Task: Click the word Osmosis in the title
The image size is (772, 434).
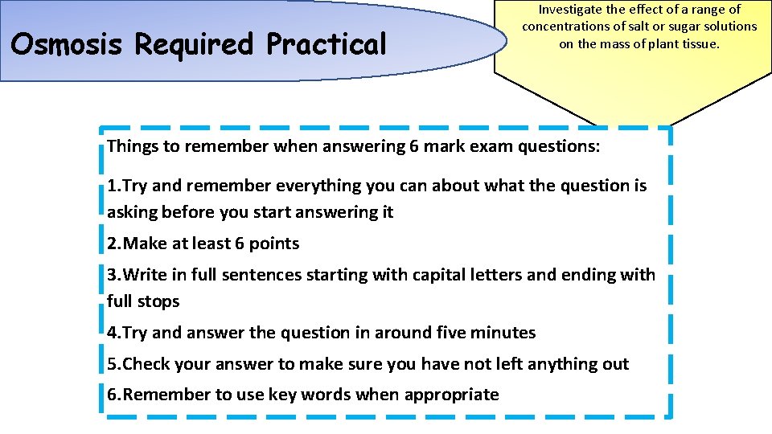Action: (x=67, y=44)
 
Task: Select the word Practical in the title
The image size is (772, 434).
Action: (x=327, y=44)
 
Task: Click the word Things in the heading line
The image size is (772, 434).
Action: (x=132, y=146)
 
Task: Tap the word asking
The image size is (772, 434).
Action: (x=132, y=212)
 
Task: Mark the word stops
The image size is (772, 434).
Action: (x=159, y=301)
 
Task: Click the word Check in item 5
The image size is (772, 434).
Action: (x=146, y=364)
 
